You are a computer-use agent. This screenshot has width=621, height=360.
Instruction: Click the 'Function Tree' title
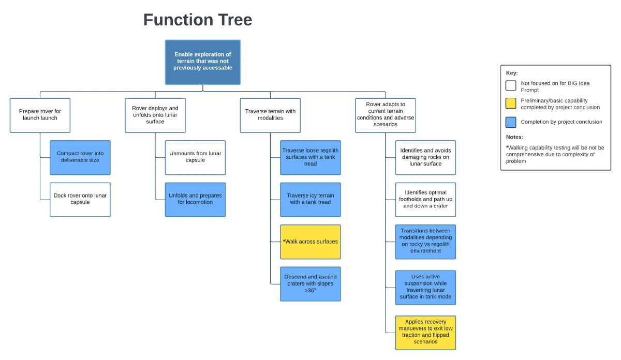(x=198, y=20)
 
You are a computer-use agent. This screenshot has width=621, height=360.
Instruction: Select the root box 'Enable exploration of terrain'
(x=203, y=62)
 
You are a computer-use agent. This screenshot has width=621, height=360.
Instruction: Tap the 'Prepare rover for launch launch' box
(x=40, y=115)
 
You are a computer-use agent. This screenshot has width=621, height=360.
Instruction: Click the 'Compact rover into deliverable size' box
(x=80, y=157)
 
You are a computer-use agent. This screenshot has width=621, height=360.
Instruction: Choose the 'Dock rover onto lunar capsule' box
(x=80, y=199)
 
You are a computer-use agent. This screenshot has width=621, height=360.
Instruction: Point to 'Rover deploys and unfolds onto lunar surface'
(x=155, y=115)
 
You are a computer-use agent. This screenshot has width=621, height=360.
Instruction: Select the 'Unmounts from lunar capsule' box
(x=195, y=157)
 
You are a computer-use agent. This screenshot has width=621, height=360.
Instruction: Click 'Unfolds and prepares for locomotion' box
(x=195, y=199)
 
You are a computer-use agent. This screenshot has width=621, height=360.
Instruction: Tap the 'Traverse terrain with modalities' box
(x=270, y=115)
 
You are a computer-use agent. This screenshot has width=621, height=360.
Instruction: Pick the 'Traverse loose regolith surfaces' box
(x=310, y=157)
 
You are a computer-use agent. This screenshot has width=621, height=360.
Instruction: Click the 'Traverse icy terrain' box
(x=310, y=199)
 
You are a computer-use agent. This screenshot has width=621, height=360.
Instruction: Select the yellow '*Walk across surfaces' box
(x=310, y=242)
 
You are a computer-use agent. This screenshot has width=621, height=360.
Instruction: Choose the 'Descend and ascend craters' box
(x=310, y=283)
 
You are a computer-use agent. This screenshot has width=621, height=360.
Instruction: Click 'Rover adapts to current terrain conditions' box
(x=386, y=115)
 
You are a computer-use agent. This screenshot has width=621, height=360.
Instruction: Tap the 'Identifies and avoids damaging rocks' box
(x=425, y=157)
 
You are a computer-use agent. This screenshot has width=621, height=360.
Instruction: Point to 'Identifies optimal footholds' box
(x=425, y=199)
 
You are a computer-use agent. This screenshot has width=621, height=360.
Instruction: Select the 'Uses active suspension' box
(x=425, y=288)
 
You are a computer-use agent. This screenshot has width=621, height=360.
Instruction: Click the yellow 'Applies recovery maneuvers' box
(x=425, y=332)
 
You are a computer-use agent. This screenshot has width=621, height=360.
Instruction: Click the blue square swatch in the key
(x=511, y=122)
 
